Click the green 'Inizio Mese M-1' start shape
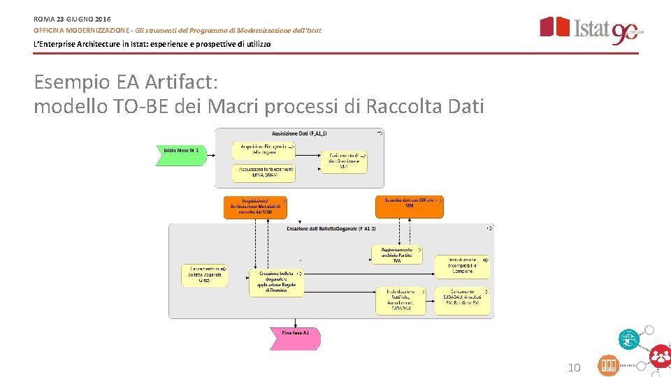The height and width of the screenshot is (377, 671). pos(181,151)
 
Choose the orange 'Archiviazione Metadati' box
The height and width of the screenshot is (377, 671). pos(254,207)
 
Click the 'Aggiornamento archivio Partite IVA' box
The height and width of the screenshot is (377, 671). pos(396,254)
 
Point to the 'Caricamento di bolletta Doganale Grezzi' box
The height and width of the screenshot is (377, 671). pos(204,274)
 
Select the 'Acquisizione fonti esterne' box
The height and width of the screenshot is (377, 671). pos(264,172)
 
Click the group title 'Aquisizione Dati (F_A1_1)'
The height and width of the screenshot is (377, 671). pos(299,133)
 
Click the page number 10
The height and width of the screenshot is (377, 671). pos(574,367)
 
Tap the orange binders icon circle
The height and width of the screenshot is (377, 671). pos(608,366)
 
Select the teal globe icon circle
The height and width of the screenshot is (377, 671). pos(629,339)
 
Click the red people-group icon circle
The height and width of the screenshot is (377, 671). pos(659,357)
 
